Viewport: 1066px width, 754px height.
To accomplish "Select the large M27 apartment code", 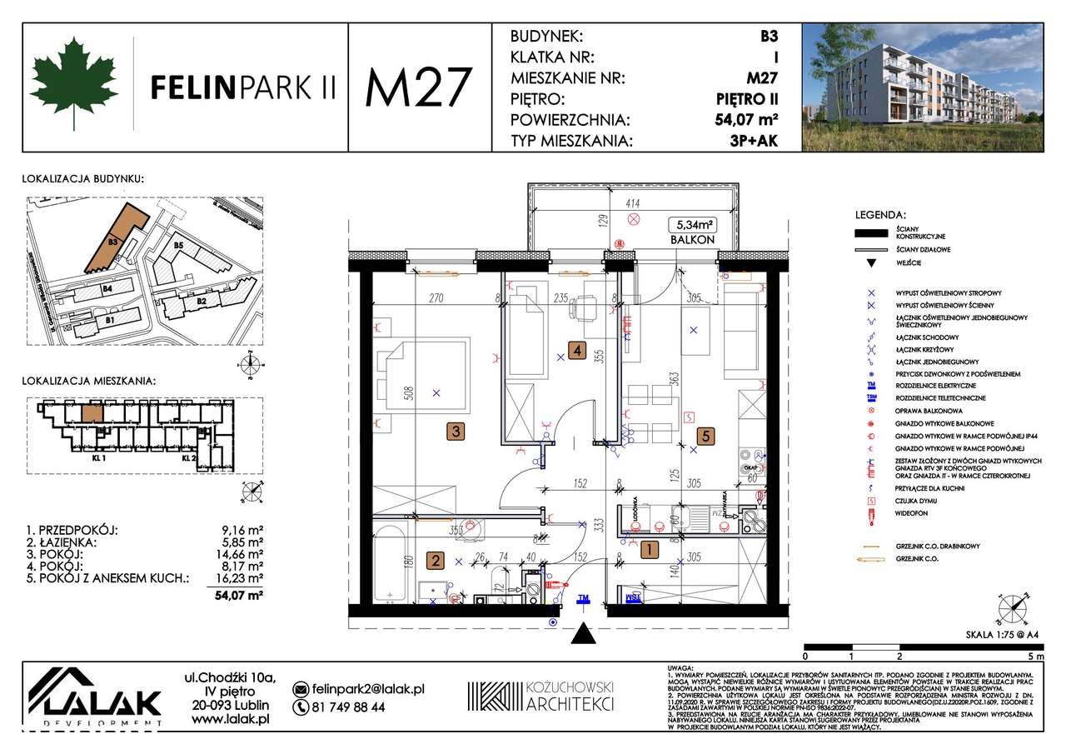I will tap(419, 87).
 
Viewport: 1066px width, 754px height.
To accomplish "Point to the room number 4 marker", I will tap(576, 351).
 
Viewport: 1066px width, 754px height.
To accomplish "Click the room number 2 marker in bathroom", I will tap(435, 561).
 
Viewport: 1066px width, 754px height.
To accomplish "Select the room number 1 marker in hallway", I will tap(647, 549).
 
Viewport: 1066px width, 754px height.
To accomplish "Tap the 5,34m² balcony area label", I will tap(693, 223).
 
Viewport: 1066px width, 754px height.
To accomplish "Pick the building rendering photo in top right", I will tap(922, 87).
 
